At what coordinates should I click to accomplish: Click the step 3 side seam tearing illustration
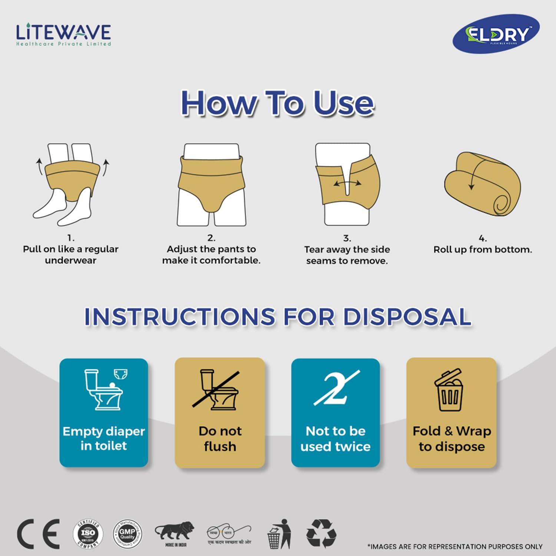coord(347,184)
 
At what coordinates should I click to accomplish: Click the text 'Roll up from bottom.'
coord(483,249)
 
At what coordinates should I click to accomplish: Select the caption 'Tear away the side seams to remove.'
coord(347,255)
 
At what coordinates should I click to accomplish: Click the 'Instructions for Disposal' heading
coord(278,317)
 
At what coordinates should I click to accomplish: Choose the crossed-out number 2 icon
coord(336,388)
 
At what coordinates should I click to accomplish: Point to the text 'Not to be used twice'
coord(335,438)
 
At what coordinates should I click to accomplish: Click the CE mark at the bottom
coord(39,534)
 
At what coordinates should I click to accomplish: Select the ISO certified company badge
coord(88,534)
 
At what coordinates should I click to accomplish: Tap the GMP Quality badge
coord(127,534)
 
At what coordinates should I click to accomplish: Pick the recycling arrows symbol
coord(321,534)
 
